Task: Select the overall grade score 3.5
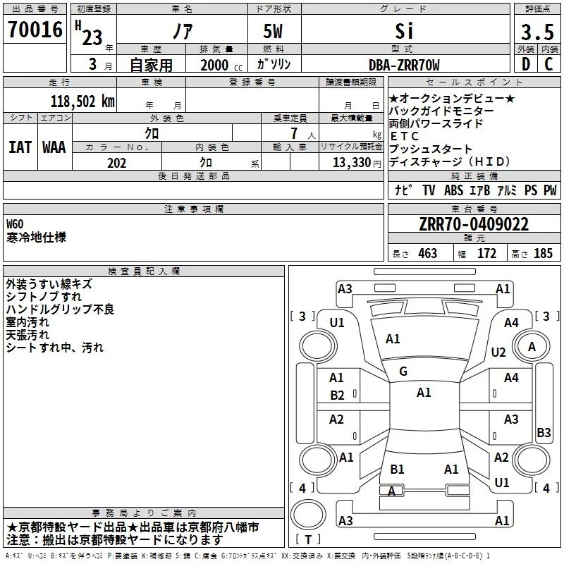537,32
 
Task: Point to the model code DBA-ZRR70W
404,66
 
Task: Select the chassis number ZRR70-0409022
473,225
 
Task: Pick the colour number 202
117,163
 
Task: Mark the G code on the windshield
403,372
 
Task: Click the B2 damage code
338,396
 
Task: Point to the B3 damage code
544,433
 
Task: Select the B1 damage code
397,469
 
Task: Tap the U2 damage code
498,352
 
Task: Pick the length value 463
427,254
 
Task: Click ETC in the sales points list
405,136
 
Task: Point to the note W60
15,223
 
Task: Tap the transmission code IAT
20,147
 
